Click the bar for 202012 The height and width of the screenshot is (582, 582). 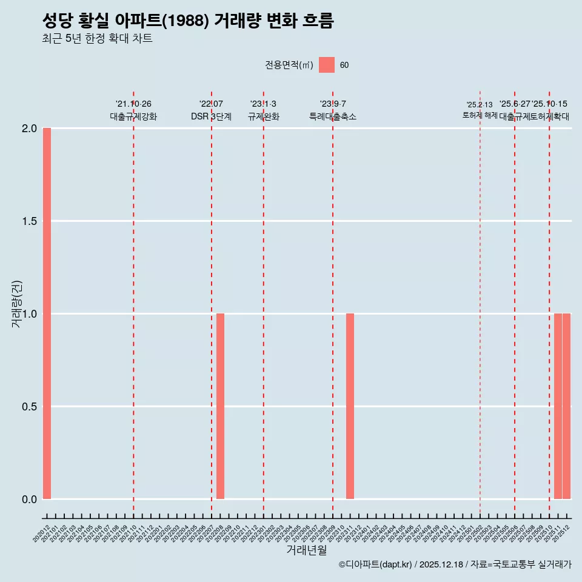coord(47,313)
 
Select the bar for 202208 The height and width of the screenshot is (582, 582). coord(220,406)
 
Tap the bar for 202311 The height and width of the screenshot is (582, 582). coord(350,406)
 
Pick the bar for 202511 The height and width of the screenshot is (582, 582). coord(558,406)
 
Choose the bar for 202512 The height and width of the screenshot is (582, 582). coord(566,406)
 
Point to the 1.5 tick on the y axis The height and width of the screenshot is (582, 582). coord(29,221)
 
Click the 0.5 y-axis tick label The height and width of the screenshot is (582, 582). coord(29,407)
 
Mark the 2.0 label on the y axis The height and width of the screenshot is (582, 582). coord(29,129)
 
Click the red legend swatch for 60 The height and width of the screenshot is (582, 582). coord(327,65)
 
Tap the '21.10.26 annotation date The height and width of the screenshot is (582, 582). coord(133,104)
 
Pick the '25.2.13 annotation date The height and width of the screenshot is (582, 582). coord(480,105)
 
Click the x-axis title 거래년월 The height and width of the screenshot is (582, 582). coord(307,550)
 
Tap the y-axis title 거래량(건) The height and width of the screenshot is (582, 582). coord(17,304)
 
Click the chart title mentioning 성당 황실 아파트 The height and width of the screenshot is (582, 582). coord(188,21)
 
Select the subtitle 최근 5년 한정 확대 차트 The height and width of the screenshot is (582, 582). coord(97,39)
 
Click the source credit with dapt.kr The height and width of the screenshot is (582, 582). coord(455,564)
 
